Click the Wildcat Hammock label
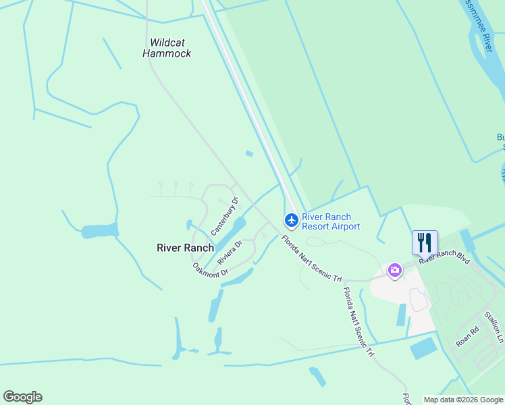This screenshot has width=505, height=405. (167, 48)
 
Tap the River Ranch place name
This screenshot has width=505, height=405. (185, 248)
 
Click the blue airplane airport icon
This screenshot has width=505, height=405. (291, 220)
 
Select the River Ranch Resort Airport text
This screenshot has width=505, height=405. (331, 221)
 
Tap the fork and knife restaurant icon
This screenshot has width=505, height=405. (425, 242)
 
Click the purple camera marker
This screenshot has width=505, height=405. (394, 271)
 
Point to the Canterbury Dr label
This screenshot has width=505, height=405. (225, 216)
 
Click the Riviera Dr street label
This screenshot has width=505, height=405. (230, 253)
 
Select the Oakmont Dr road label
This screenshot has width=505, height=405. (211, 270)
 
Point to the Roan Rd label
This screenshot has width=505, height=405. (467, 337)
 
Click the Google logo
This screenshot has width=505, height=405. (22, 397)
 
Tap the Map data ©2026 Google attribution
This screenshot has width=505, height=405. (463, 400)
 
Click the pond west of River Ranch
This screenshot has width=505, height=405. (99, 231)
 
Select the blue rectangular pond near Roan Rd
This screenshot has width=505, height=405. (423, 348)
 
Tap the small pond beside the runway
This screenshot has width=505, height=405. (249, 154)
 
